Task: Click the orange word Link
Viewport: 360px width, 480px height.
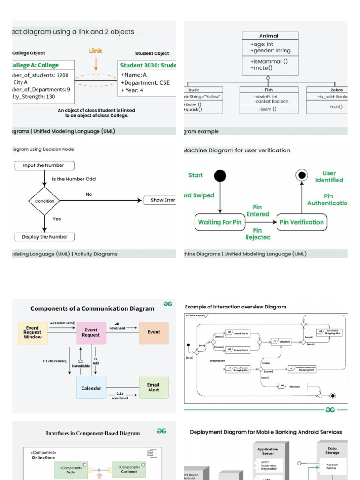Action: [x=96, y=51]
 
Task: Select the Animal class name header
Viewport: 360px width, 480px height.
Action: [x=269, y=36]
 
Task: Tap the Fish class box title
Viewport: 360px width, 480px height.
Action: [x=268, y=90]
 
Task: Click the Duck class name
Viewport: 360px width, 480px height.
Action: [x=194, y=90]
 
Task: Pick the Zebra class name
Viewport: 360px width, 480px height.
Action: [x=336, y=90]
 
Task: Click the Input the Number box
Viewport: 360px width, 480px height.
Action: [x=44, y=165]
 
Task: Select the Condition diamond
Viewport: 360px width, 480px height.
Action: [x=45, y=201]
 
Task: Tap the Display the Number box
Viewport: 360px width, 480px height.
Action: [x=45, y=237]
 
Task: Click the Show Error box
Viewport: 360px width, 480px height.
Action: [x=160, y=200]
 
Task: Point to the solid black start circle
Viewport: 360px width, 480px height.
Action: [x=220, y=176]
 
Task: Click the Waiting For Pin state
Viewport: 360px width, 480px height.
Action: [x=220, y=222]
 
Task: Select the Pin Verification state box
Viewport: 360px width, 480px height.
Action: [x=301, y=222]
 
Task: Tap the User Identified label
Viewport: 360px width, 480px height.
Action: [x=329, y=177]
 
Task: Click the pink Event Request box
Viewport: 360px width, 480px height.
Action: [x=91, y=332]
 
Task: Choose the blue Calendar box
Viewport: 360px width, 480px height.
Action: [x=91, y=388]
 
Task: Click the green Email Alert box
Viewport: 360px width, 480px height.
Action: [x=153, y=388]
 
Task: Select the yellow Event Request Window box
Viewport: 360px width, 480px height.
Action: [x=33, y=333]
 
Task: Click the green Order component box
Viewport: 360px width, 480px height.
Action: [x=70, y=470]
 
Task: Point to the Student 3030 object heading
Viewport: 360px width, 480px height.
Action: [x=148, y=66]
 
